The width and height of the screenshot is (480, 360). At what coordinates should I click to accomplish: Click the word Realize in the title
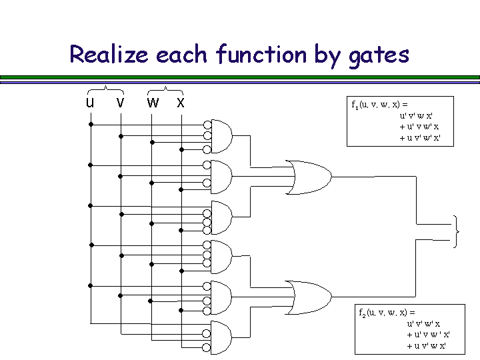(x=109, y=54)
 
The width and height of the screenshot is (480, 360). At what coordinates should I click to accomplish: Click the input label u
(x=89, y=103)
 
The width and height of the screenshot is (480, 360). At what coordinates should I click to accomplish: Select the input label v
(x=120, y=103)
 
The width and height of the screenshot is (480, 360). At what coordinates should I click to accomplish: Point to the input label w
(x=153, y=103)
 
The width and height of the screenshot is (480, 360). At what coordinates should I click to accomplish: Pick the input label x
(x=181, y=103)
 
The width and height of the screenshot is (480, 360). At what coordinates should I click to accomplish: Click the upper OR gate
(x=309, y=177)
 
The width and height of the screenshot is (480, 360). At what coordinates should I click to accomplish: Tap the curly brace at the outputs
(x=457, y=232)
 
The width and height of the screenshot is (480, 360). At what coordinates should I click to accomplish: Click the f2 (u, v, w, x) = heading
(x=386, y=312)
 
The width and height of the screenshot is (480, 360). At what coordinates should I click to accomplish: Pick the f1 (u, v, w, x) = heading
(x=379, y=105)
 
